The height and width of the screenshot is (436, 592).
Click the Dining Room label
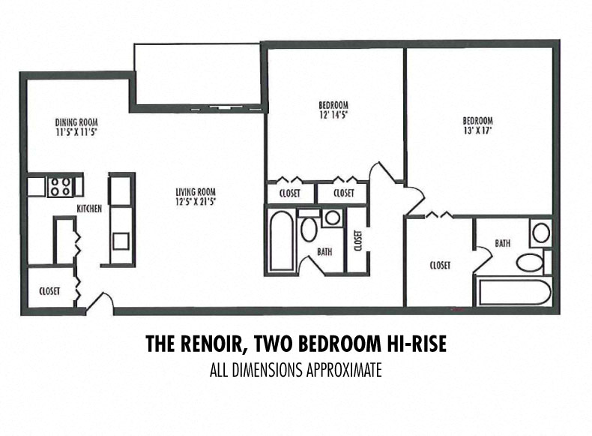[76, 122]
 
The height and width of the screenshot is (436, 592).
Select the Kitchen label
[89, 208]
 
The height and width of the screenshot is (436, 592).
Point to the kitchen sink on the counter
[120, 242]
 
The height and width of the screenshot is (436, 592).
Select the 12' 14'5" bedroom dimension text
[333, 115]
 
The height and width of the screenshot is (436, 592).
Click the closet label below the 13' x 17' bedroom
[440, 265]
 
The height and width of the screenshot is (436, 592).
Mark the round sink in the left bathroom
[332, 218]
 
